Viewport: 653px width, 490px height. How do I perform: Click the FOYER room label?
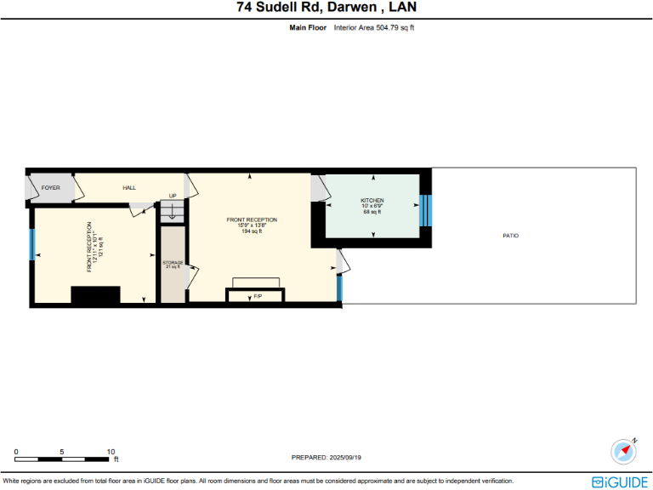coord(51,187)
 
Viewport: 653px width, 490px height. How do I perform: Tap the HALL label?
coord(129,187)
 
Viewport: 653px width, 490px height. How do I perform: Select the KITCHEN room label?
coord(372,201)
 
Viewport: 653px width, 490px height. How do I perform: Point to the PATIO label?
coord(510,236)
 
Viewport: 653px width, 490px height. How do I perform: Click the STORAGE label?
coord(173,263)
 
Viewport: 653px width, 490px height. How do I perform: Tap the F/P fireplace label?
coord(258,296)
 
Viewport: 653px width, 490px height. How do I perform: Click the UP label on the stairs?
coord(173,196)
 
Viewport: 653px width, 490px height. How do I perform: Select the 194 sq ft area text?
coord(252,231)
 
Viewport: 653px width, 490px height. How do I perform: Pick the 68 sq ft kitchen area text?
coord(372,211)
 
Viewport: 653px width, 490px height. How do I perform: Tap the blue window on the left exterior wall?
coord(32,245)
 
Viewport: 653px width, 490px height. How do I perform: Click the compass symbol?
coord(624,450)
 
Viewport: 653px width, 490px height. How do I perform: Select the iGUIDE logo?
coord(620,481)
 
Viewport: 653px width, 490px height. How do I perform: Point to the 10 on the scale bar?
coord(111,451)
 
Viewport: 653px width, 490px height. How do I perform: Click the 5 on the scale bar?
coord(63,451)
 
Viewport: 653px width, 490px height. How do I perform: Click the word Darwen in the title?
coord(349,9)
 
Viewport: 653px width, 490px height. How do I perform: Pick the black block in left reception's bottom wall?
coord(94,295)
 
